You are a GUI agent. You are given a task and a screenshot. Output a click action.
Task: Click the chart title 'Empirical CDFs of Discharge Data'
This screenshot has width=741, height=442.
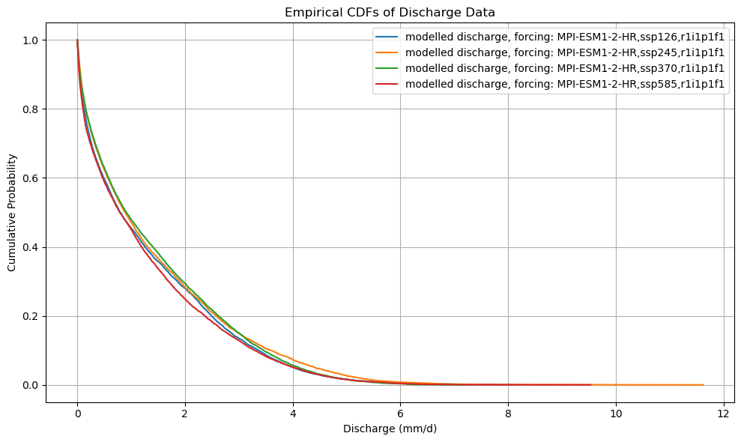pos(390,12)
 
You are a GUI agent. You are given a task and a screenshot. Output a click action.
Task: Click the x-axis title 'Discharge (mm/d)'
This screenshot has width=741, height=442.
pos(390,429)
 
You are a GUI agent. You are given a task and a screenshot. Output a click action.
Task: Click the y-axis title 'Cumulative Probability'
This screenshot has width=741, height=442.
pos(12,213)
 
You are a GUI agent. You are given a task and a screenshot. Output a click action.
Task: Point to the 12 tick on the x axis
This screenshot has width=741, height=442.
pos(724,414)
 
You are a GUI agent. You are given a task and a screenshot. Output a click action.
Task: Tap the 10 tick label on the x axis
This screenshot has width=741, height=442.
pos(616,414)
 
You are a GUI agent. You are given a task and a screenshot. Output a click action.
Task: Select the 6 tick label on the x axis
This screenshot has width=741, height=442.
pos(400,414)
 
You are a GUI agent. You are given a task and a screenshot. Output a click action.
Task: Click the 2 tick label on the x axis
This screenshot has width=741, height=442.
pos(185,414)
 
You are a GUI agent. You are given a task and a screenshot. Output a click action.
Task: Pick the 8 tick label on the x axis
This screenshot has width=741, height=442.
pos(508,414)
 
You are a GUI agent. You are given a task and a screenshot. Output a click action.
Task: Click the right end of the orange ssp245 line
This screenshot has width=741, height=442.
pos(703,385)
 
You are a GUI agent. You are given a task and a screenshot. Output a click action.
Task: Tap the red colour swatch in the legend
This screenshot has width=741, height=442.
pos(388,85)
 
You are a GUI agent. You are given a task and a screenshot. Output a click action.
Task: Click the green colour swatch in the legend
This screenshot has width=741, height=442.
pos(388,68)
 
